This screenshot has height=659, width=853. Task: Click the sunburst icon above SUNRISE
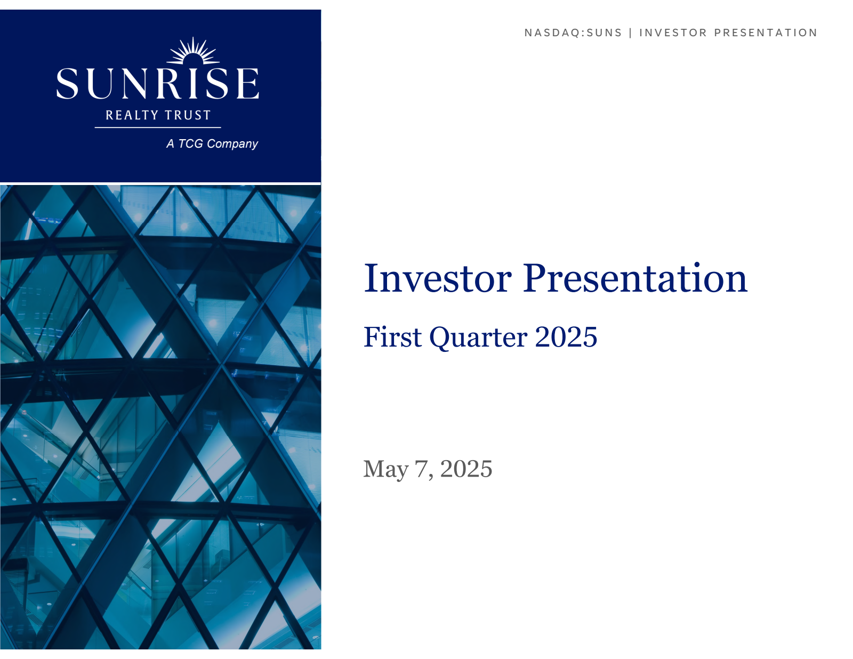coord(192,51)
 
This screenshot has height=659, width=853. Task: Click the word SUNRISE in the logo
coord(157,83)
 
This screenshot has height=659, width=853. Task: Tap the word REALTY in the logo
coord(132,115)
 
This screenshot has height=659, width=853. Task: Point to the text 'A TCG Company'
coord(212,143)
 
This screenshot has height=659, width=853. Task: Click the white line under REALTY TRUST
coord(158,127)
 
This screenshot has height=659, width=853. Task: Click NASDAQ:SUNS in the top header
coord(573,33)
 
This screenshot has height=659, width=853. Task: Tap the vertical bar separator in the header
coord(631,33)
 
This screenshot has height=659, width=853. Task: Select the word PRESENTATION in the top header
coord(766,33)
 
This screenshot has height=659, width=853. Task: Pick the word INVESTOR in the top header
coord(673,33)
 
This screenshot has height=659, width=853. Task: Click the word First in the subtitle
coord(392,337)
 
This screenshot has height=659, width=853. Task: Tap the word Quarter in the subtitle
coord(478,337)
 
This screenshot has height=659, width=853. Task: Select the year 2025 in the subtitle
coord(566,337)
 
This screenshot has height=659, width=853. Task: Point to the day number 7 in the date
coord(421,469)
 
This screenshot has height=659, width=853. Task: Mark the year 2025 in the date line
coord(466,469)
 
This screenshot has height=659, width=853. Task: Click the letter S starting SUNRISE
coord(67,83)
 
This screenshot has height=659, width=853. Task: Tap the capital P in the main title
coord(535,278)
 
